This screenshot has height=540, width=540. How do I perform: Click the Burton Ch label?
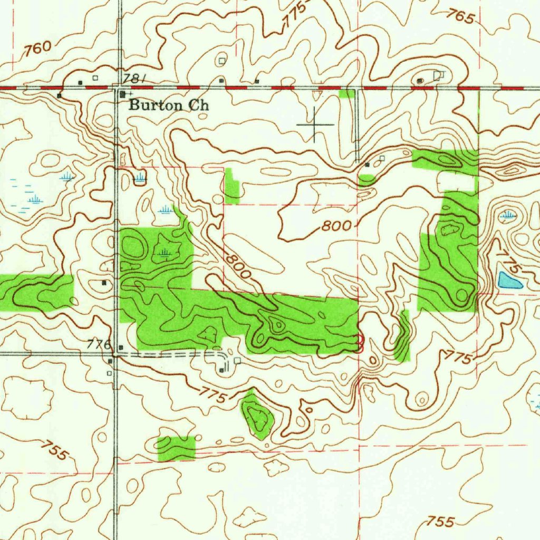(x=169, y=105)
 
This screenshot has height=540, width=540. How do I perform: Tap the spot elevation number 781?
(x=132, y=79)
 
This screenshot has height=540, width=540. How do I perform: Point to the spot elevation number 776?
(x=100, y=345)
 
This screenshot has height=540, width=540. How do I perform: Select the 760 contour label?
(x=38, y=49)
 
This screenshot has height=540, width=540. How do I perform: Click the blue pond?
(x=509, y=281)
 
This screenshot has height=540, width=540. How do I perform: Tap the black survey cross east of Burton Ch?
(x=315, y=124)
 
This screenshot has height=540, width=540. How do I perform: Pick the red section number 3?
(x=361, y=343)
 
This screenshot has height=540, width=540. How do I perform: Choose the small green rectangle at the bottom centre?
(x=177, y=448)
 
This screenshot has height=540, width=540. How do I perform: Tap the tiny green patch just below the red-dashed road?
(x=346, y=94)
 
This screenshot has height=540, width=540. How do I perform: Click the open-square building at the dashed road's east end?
(x=237, y=361)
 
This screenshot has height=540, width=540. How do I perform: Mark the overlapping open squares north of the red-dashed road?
(x=438, y=75)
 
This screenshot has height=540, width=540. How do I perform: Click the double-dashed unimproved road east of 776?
(x=174, y=355)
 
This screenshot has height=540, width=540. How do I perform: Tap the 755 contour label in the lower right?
(x=440, y=522)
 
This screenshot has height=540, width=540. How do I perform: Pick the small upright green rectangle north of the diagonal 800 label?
(x=232, y=186)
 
